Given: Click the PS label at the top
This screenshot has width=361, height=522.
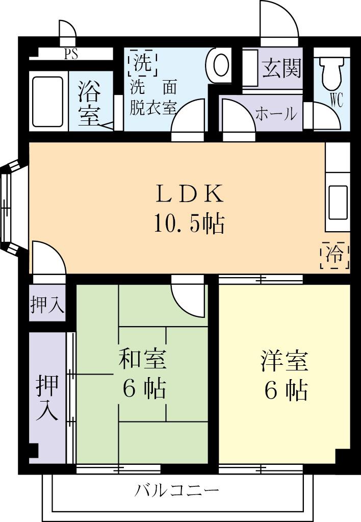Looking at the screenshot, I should [71, 55].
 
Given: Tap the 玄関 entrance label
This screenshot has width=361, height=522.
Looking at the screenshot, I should [281, 68].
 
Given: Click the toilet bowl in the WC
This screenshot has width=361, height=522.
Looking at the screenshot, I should [332, 72].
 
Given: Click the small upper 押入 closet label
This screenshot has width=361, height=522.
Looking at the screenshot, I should [47, 305].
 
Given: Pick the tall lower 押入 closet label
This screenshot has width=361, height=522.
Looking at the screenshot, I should [47, 398].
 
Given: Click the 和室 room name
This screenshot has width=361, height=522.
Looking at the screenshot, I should [142, 359].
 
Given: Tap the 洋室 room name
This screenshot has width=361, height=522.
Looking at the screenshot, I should [284, 360].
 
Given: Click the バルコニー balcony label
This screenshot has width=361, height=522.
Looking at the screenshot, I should [177, 491].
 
